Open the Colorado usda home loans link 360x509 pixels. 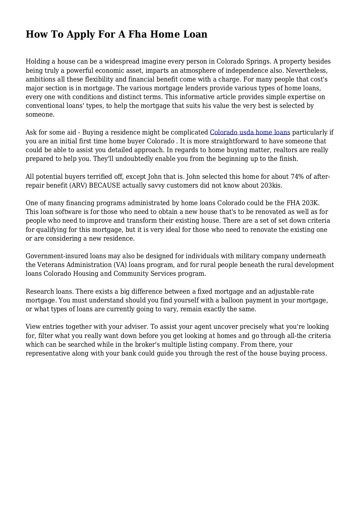[250, 132]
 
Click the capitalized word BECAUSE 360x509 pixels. [105, 185]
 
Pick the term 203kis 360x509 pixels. [271, 185]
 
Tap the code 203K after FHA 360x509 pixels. [310, 203]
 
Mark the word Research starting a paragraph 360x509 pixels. [40, 291]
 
